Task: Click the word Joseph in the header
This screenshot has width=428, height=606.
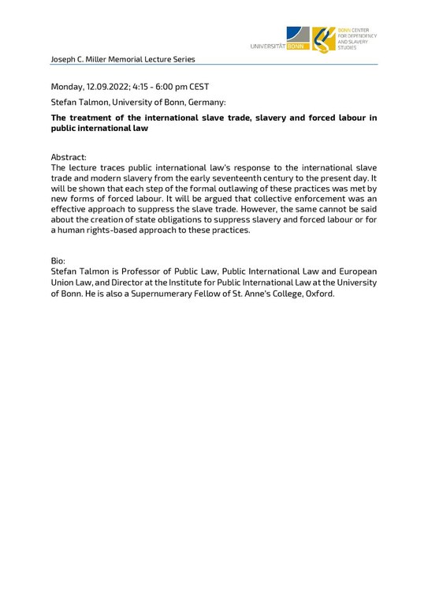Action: [64, 59]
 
